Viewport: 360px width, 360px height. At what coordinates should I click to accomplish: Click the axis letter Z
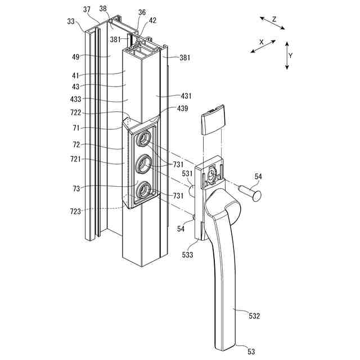click(274, 19)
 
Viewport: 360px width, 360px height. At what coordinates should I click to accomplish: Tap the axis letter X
click(261, 42)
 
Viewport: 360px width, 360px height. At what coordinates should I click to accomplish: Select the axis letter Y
click(291, 56)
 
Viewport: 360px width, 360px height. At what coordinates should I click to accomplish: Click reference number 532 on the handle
click(254, 316)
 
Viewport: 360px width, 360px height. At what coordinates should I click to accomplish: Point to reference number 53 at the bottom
click(251, 351)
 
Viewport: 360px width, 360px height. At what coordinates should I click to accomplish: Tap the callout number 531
click(186, 174)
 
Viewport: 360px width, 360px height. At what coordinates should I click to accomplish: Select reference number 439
click(182, 108)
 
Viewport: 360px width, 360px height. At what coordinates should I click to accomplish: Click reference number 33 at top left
click(70, 21)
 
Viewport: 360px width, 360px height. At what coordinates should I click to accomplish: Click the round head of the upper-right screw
click(256, 197)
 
